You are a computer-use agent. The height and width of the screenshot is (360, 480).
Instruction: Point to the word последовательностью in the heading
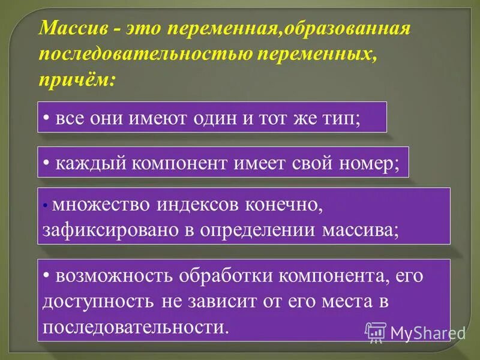[x=144, y=54]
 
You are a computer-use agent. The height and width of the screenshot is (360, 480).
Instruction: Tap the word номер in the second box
[x=371, y=162]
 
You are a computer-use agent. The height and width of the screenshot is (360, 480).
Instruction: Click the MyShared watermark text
[x=428, y=332]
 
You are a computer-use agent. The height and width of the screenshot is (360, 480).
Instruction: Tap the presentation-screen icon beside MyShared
[x=376, y=332]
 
